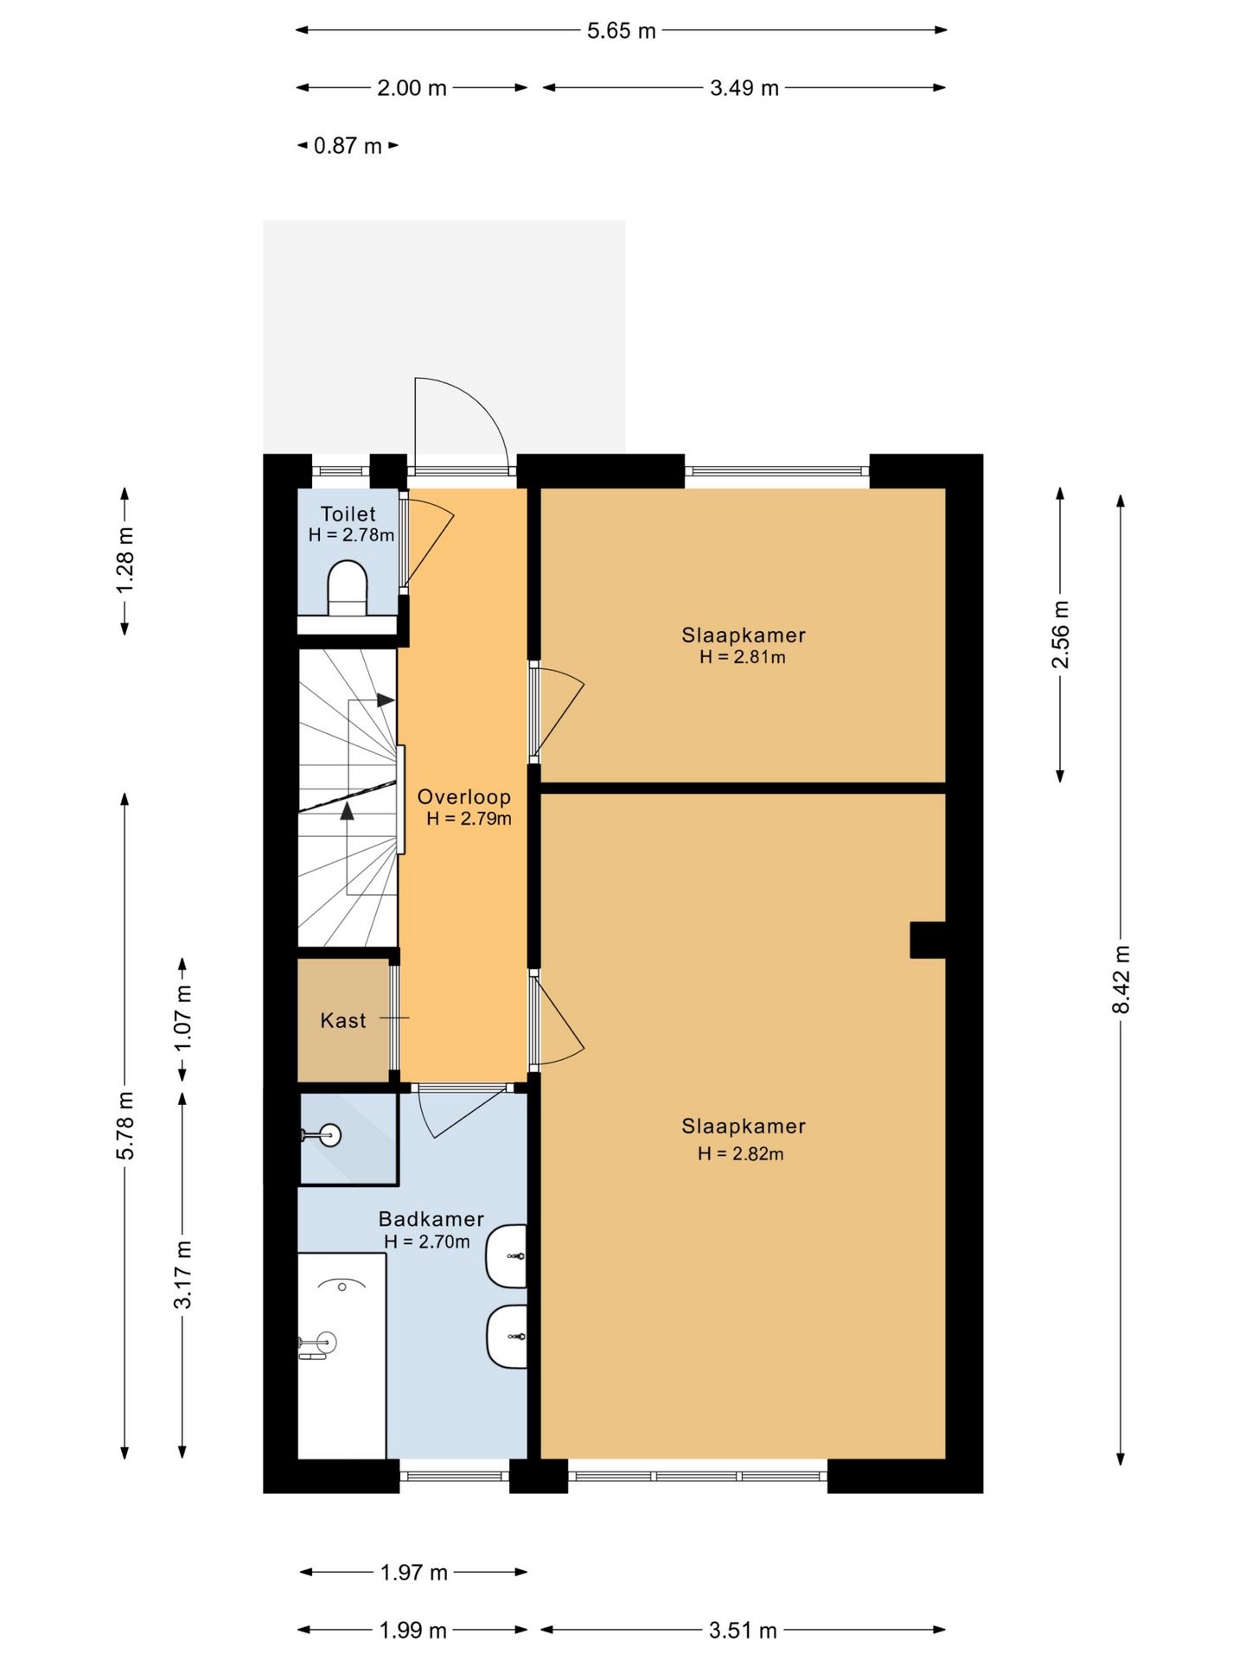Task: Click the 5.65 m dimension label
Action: [x=622, y=31]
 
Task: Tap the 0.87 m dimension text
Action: [x=348, y=146]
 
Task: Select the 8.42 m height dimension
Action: [x=1120, y=980]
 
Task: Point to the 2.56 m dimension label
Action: [x=1060, y=635]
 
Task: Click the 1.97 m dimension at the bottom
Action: [x=414, y=1573]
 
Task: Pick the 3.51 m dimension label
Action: [x=744, y=1631]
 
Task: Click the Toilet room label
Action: [x=348, y=514]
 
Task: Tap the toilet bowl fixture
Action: [x=348, y=588]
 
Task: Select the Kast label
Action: [x=343, y=1021]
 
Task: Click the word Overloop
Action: [x=464, y=797]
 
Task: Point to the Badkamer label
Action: [x=431, y=1219]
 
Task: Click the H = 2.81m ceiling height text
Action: [x=743, y=657]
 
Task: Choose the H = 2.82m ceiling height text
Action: [x=741, y=1153]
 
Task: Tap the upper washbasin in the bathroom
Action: [x=506, y=1255]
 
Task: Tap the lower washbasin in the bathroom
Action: [x=507, y=1337]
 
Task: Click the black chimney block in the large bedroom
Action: [x=928, y=940]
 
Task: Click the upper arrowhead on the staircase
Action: [x=386, y=700]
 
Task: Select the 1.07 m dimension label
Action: [x=182, y=1018]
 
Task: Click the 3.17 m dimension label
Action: [x=182, y=1274]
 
